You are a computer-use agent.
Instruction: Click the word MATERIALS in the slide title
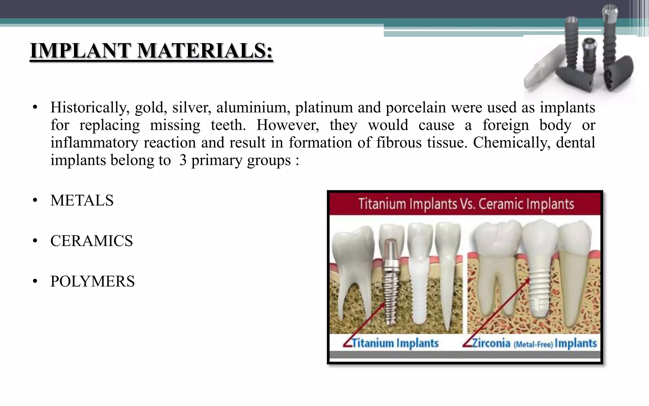coord(205,51)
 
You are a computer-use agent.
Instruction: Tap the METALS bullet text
coord(82,200)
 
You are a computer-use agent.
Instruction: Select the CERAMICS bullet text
coord(92,241)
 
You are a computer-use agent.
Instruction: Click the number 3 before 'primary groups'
coord(183,160)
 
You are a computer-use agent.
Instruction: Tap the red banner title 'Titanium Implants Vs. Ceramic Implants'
coord(466,204)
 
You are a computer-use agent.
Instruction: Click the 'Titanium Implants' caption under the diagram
coord(395,343)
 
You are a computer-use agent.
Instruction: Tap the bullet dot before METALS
coord(35,201)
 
